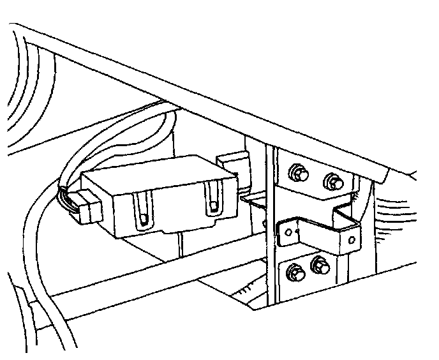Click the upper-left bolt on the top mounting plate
(297, 173)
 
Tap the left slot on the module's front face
(144, 211)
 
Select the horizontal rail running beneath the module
(128, 281)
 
